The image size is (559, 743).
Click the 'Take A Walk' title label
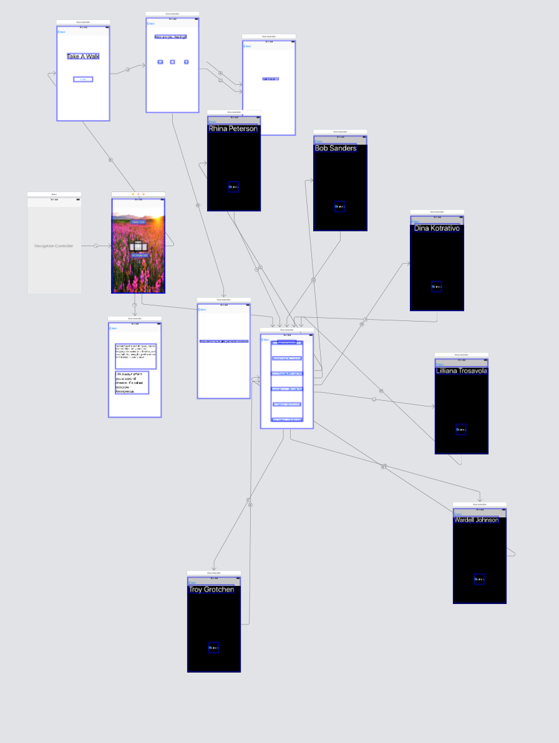pyautogui.click(x=83, y=56)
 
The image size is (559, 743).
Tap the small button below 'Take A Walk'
pyautogui.click(x=83, y=79)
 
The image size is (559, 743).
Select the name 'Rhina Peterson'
pyautogui.click(x=233, y=129)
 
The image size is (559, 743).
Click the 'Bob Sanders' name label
pyautogui.click(x=336, y=148)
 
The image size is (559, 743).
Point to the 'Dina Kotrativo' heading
pyautogui.click(x=437, y=228)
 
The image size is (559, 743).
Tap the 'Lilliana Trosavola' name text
pyautogui.click(x=462, y=371)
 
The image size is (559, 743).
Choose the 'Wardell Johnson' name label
pyautogui.click(x=477, y=520)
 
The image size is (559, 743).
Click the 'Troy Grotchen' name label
pyautogui.click(x=211, y=590)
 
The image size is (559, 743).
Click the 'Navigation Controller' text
pyautogui.click(x=54, y=246)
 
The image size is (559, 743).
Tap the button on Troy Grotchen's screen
pyautogui.click(x=213, y=648)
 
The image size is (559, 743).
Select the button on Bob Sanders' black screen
pyautogui.click(x=339, y=206)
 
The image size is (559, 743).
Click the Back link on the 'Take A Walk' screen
pyautogui.click(x=61, y=32)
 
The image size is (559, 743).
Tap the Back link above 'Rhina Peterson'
pyautogui.click(x=213, y=122)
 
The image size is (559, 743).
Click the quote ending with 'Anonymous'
pyautogui.click(x=132, y=383)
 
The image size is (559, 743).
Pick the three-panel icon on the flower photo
pyautogui.click(x=139, y=247)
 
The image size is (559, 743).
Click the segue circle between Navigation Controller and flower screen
pyautogui.click(x=96, y=246)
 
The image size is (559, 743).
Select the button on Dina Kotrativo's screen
pyautogui.click(x=436, y=287)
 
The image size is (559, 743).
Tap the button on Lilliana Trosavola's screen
pyautogui.click(x=461, y=429)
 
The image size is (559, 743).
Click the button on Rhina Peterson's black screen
pyautogui.click(x=233, y=187)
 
